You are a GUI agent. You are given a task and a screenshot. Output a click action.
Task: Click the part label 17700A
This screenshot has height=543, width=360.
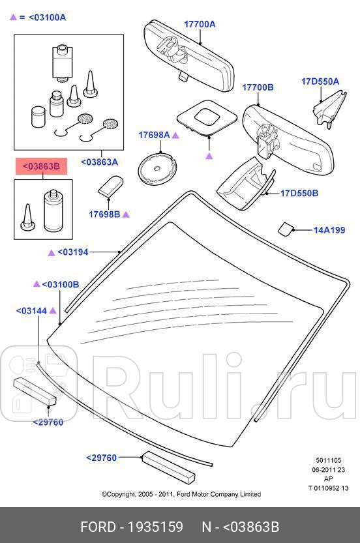coord(200,24)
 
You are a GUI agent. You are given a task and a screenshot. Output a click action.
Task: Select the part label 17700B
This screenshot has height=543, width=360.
coord(258,87)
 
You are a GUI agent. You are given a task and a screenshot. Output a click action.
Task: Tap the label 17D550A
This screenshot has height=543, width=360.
coord(320,81)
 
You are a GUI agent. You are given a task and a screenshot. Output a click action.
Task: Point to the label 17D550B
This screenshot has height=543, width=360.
coord(299,193)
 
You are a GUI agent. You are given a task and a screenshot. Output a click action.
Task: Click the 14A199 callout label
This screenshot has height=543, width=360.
coord(329,230)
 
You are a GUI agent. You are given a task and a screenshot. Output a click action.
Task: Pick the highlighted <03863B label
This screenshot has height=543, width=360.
coord(41,167)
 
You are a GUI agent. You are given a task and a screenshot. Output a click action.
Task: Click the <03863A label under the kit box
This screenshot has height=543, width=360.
coord(99,162)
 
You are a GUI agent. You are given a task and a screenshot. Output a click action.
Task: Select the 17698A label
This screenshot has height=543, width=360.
coord(154,135)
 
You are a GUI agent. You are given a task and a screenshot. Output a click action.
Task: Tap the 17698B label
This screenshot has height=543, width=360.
coord(104,214)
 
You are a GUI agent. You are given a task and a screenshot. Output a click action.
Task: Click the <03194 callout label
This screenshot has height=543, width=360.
coord(73,252)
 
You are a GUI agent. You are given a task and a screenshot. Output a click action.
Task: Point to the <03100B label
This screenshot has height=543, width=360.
coord(61,285)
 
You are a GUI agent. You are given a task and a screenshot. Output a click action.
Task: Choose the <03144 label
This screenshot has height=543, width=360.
coord(31,311)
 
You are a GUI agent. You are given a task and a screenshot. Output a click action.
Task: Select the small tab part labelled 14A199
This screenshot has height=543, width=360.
coord(286,229)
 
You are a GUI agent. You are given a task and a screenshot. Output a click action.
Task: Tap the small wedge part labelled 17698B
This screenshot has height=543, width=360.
coord(110,186)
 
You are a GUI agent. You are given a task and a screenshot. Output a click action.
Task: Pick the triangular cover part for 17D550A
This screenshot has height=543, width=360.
coord(329,108)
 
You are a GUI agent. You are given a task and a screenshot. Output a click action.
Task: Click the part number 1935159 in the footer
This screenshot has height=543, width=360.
coord(156,527)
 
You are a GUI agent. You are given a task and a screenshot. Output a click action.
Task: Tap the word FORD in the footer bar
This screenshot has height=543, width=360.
coord(98,527)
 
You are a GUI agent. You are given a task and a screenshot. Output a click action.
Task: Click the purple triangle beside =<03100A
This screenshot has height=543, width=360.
coord(13,17)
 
